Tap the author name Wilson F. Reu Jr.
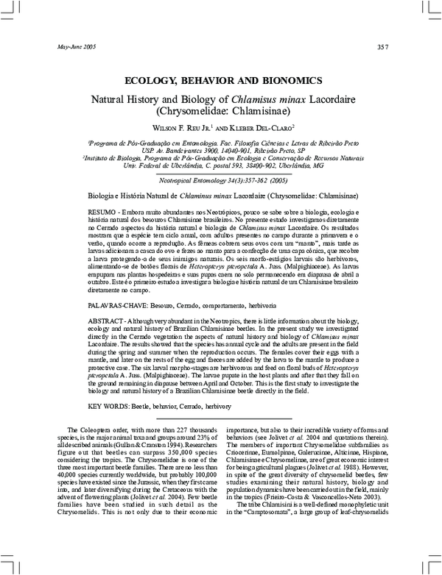coord(178,127)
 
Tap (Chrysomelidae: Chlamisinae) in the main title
coord(220,111)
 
